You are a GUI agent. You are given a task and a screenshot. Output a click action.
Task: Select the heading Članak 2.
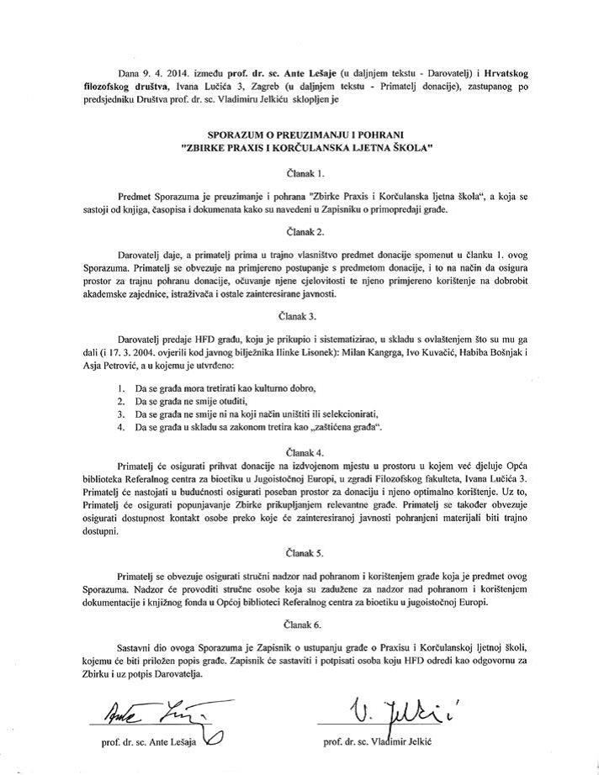tap(299, 229)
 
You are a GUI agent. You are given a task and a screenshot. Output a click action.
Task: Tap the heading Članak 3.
tap(299, 317)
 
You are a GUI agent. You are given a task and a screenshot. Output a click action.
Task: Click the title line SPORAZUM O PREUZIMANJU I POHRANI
tap(299, 134)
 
